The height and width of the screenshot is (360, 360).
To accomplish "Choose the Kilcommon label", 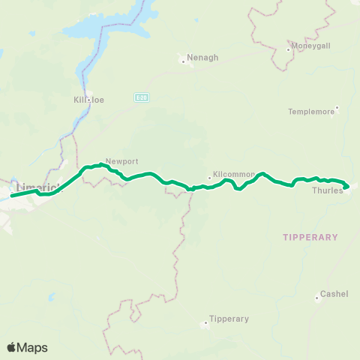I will coord(235,174).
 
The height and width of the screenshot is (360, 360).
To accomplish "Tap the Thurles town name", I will coord(327,190).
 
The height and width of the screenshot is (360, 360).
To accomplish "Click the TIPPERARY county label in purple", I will coord(310,237).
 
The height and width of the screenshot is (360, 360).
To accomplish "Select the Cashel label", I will coord(334,294).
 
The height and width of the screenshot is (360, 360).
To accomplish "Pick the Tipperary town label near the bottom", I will coord(229,319).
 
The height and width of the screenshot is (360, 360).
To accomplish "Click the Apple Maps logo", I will coord(27,347).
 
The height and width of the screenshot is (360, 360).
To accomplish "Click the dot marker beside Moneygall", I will coord(289,50).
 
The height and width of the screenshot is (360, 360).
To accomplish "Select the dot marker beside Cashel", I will coord(318,294).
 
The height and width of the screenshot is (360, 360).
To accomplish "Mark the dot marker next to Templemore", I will coord(337,106).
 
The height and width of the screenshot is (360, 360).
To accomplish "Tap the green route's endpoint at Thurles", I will coord(346,187).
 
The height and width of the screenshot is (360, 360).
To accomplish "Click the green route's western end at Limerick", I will coord(11,196).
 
